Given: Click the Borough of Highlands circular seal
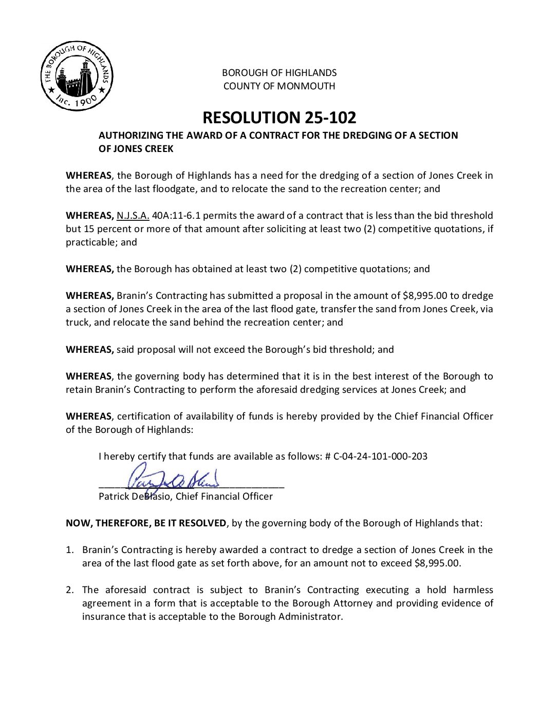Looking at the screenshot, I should (x=77, y=76).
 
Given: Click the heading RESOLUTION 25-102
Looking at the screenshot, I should (x=279, y=118).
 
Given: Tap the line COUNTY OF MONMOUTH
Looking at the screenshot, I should (x=279, y=86).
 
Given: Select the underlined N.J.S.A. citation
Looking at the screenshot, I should (x=133, y=216).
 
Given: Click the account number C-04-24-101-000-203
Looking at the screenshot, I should (x=380, y=456).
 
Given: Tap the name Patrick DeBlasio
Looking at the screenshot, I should (x=135, y=497).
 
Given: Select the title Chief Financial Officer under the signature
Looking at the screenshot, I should (x=224, y=497).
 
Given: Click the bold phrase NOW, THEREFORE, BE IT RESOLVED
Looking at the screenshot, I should (x=146, y=523).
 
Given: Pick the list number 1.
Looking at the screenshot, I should (x=69, y=550).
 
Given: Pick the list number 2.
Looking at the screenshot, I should (x=69, y=590).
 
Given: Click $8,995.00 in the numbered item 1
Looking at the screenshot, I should (x=437, y=563).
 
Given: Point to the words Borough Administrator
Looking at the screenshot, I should (x=290, y=617).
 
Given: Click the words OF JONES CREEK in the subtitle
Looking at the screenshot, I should (x=136, y=149).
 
